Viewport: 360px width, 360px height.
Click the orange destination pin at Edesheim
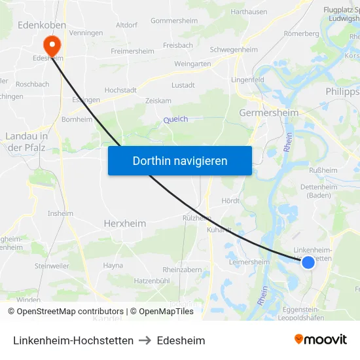click(x=51, y=44)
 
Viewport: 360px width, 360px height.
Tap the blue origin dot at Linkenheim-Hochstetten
click(x=308, y=262)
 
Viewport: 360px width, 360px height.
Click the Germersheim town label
click(x=269, y=113)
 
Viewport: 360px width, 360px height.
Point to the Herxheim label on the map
click(x=125, y=223)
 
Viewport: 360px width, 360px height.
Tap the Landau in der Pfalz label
click(x=26, y=141)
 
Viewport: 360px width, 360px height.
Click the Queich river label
click(x=175, y=119)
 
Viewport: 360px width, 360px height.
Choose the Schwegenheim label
click(x=234, y=50)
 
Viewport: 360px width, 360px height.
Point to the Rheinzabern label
click(x=183, y=269)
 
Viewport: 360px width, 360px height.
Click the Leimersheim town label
click(x=249, y=262)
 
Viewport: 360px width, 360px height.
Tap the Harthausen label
click(x=249, y=12)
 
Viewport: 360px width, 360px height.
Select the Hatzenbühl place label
click(x=152, y=281)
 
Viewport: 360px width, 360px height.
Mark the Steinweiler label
click(x=52, y=266)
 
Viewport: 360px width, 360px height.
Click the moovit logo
click(x=321, y=340)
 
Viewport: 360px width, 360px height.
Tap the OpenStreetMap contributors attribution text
click(x=65, y=312)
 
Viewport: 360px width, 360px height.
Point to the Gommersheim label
click(x=174, y=20)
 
